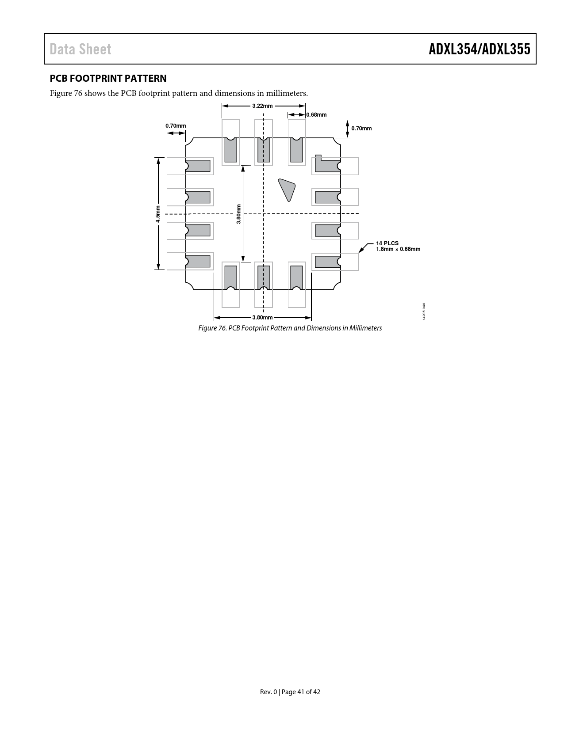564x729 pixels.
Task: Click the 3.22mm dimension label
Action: click(x=262, y=106)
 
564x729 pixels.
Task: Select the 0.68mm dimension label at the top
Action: click(x=316, y=115)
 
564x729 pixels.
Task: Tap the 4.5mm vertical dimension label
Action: click(x=157, y=214)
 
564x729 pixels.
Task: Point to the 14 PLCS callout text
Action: click(x=387, y=243)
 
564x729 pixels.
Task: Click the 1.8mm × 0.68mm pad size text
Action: click(x=398, y=249)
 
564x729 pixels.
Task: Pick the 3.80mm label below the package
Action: click(x=262, y=317)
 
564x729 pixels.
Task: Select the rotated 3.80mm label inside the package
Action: click(x=238, y=214)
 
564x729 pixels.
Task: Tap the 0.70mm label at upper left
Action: click(x=176, y=126)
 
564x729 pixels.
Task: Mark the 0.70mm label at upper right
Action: click(x=361, y=129)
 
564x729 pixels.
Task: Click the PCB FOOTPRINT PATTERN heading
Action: click(x=108, y=79)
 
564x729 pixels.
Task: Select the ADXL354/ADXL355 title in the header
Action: click(x=480, y=49)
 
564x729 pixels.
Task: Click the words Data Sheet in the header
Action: click(x=80, y=49)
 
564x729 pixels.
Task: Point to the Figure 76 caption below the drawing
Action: click(x=290, y=328)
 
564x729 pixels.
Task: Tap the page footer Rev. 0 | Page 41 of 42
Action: click(x=290, y=692)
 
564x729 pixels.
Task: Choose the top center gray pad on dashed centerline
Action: click(x=264, y=150)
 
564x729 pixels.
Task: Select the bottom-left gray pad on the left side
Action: click(x=198, y=262)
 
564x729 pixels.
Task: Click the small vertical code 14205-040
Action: click(x=424, y=311)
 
